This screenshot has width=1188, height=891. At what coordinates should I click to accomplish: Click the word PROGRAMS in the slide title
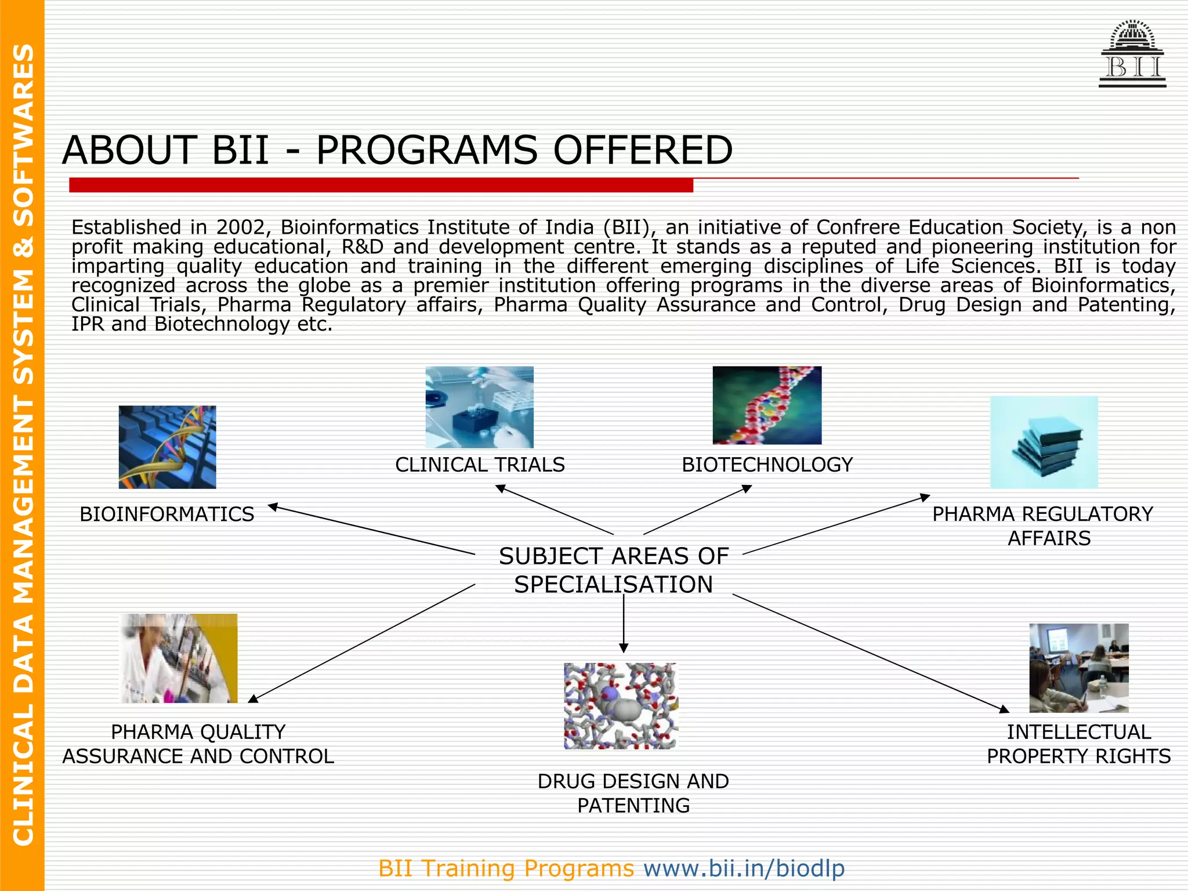point(426,150)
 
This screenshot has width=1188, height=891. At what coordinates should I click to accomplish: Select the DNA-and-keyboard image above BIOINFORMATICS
point(167,447)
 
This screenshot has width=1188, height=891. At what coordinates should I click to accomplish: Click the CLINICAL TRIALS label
point(480,465)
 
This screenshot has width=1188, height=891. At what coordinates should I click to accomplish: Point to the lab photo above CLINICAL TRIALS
point(479,407)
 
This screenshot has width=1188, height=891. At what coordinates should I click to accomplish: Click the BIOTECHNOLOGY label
point(767,465)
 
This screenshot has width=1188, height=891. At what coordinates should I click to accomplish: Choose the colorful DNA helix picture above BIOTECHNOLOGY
point(767,405)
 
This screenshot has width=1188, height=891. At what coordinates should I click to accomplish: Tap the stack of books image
point(1044,442)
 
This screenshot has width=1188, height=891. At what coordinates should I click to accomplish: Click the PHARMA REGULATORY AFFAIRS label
point(1043,526)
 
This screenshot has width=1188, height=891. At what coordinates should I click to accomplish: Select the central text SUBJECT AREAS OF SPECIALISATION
point(613,570)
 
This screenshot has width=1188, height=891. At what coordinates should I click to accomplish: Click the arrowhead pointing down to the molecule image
point(624,648)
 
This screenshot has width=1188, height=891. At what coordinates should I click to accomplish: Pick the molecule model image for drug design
point(620,706)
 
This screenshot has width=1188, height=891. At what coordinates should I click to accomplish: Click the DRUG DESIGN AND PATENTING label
point(633,793)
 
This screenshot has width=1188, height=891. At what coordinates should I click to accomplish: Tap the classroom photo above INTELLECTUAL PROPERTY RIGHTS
point(1078,668)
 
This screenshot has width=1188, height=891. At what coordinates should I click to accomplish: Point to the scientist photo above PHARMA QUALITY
point(179,658)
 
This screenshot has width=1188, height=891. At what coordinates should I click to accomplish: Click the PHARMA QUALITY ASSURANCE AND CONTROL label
point(198,744)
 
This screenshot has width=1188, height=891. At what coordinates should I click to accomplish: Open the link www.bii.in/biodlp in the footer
point(744,868)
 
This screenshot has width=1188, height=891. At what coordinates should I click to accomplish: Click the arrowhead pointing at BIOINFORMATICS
point(273,507)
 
